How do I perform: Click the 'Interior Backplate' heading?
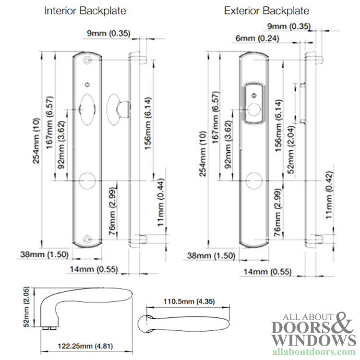[85, 11]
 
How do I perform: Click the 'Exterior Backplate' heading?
[266, 11]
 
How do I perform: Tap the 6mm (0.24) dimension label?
[257, 38]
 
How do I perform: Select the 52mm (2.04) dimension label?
[291, 149]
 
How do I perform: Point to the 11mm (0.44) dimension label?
[161, 202]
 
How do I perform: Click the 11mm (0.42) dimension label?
[329, 195]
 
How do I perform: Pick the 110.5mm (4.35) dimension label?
[189, 301]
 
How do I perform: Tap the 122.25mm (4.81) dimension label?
[85, 346]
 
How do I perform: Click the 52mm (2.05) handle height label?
[26, 307]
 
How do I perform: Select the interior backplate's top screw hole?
[87, 60]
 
